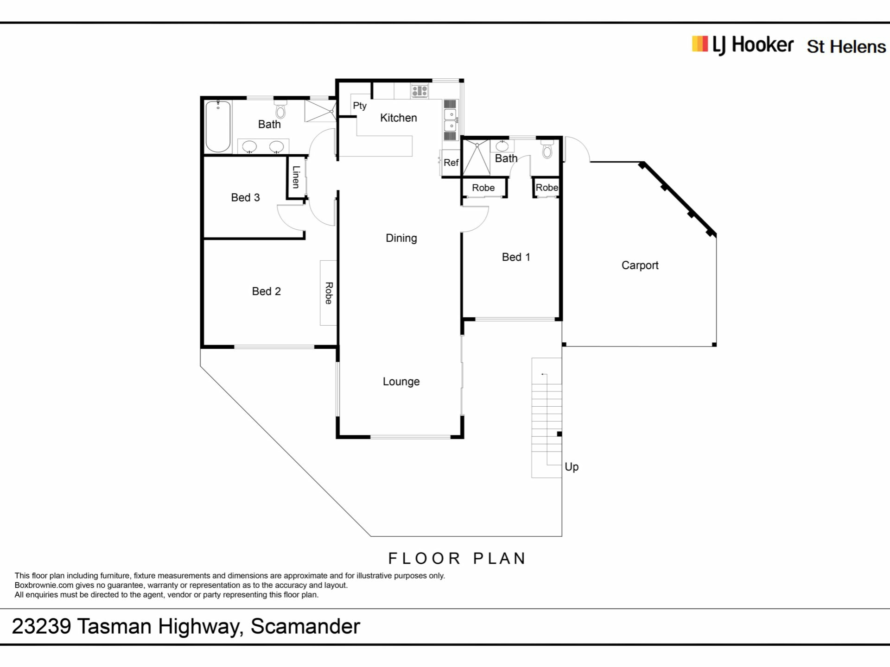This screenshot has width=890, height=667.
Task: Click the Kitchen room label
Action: pos(398,118)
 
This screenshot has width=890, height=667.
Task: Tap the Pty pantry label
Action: pos(360,106)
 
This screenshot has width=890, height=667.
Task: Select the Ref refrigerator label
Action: pos(451,163)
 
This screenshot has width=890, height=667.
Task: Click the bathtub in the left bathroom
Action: pos(218,126)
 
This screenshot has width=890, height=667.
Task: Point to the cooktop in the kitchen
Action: pos(420,91)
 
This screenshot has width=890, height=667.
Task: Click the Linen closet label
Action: pos(296,177)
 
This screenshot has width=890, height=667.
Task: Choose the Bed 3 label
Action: pos(245,197)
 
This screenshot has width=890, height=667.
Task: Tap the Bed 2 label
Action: pos(266,291)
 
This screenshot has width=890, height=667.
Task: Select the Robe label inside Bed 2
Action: pos(329,293)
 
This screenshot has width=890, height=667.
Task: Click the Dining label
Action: pos(401,238)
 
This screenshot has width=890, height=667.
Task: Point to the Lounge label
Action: pos(401,382)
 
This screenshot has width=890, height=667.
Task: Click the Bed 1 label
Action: pos(516,257)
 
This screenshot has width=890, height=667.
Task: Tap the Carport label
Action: pos(640,265)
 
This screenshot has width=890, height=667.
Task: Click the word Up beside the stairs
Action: pos(572,467)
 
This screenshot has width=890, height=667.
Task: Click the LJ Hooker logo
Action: pos(743,45)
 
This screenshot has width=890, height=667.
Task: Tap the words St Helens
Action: pos(846,47)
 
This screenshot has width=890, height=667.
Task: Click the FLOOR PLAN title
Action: pos(457,558)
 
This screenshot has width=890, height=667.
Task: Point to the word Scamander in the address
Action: pos(305,626)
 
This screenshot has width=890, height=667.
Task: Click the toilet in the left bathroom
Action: pos(280,110)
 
